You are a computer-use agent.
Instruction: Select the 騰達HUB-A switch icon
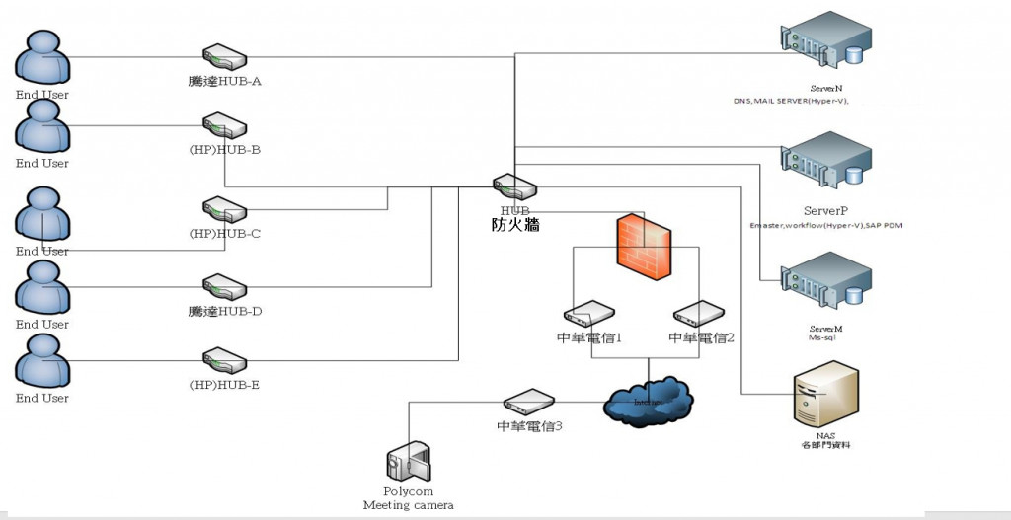tap(224, 57)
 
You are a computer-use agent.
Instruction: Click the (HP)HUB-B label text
tap(224, 150)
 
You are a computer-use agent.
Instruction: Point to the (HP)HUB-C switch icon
tap(224, 210)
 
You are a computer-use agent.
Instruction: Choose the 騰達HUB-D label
tap(224, 312)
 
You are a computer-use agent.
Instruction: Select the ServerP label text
tap(825, 211)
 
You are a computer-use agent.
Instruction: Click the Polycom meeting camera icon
tap(408, 463)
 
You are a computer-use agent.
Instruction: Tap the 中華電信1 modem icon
tap(589, 315)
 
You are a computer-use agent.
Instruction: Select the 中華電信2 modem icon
tap(700, 315)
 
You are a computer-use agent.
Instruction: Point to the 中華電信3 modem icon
tap(531, 403)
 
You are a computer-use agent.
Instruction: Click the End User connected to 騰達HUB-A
tap(42, 59)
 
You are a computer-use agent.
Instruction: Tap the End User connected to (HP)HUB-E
tap(42, 361)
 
